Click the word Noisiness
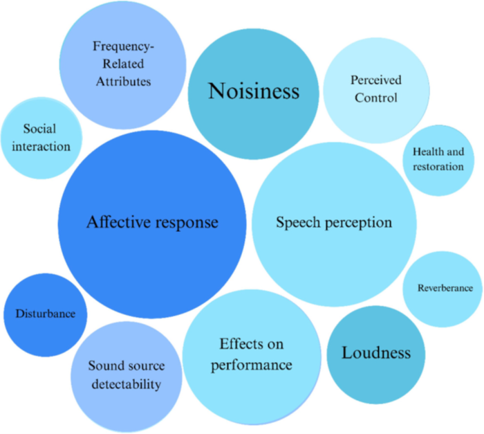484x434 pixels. click(254, 91)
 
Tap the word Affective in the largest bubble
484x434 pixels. click(118, 221)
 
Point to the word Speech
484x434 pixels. click(298, 223)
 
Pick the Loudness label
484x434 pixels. click(376, 353)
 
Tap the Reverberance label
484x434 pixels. click(445, 288)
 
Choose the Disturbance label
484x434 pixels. click(46, 314)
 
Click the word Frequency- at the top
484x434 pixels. click(124, 46)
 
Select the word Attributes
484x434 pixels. click(124, 82)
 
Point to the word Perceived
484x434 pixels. click(376, 80)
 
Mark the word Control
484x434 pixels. click(376, 98)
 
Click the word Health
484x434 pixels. click(427, 152)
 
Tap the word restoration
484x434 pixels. click(438, 167)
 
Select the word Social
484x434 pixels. click(39, 129)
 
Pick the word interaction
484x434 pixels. click(41, 147)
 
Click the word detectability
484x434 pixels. click(127, 384)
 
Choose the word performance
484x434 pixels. click(252, 365)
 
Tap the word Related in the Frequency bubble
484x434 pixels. click(123, 64)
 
